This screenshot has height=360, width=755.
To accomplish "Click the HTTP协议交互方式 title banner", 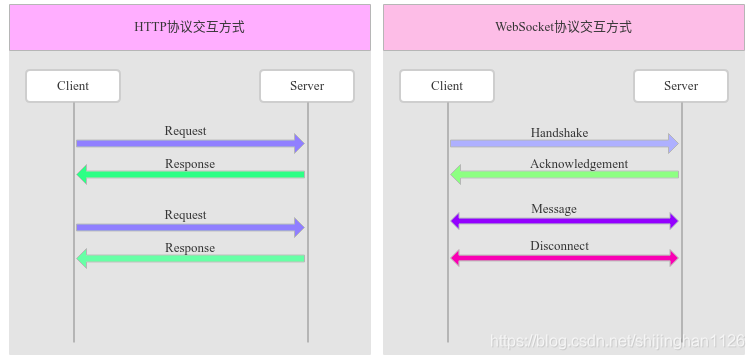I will point(189,27).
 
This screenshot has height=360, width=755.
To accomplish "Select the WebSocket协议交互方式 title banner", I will point(563,27).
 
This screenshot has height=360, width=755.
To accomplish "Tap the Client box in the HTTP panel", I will point(73,86).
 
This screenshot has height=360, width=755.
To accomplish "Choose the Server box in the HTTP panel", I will point(307,86).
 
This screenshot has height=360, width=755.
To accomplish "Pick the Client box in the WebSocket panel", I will point(447,86).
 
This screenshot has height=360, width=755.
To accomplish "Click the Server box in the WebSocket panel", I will point(680,86).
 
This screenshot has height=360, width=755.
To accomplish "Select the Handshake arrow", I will point(564,144).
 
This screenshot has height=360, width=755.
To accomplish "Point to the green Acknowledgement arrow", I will point(564,175).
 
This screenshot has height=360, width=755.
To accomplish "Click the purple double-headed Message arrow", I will point(564,220).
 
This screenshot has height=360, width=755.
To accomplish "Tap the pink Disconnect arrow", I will point(564,258).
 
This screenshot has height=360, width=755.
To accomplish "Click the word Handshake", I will point(559,132).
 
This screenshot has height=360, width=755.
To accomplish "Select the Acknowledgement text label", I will point(579,163).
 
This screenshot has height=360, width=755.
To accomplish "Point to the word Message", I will point(554,208).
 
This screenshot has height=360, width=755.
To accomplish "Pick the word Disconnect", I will point(559,246).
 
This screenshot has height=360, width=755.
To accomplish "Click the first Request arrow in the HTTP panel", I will point(190,144).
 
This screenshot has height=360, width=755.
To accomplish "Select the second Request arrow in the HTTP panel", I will point(190,228).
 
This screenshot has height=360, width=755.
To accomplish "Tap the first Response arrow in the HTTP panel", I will point(190,175).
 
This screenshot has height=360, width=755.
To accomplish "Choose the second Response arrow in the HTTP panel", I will point(190,259).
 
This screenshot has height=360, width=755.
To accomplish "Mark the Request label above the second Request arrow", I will point(186,215).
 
